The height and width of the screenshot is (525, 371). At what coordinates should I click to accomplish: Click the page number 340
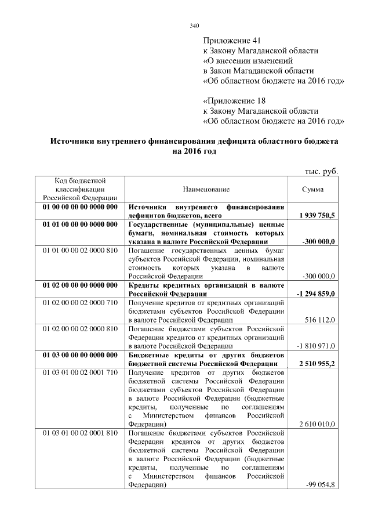click(194, 26)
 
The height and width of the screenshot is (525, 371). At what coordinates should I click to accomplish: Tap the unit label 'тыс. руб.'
click(321, 171)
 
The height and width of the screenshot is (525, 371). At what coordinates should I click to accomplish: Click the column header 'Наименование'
click(206, 189)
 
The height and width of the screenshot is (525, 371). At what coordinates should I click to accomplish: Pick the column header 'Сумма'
click(312, 189)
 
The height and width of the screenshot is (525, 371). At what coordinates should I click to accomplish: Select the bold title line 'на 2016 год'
click(194, 151)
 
